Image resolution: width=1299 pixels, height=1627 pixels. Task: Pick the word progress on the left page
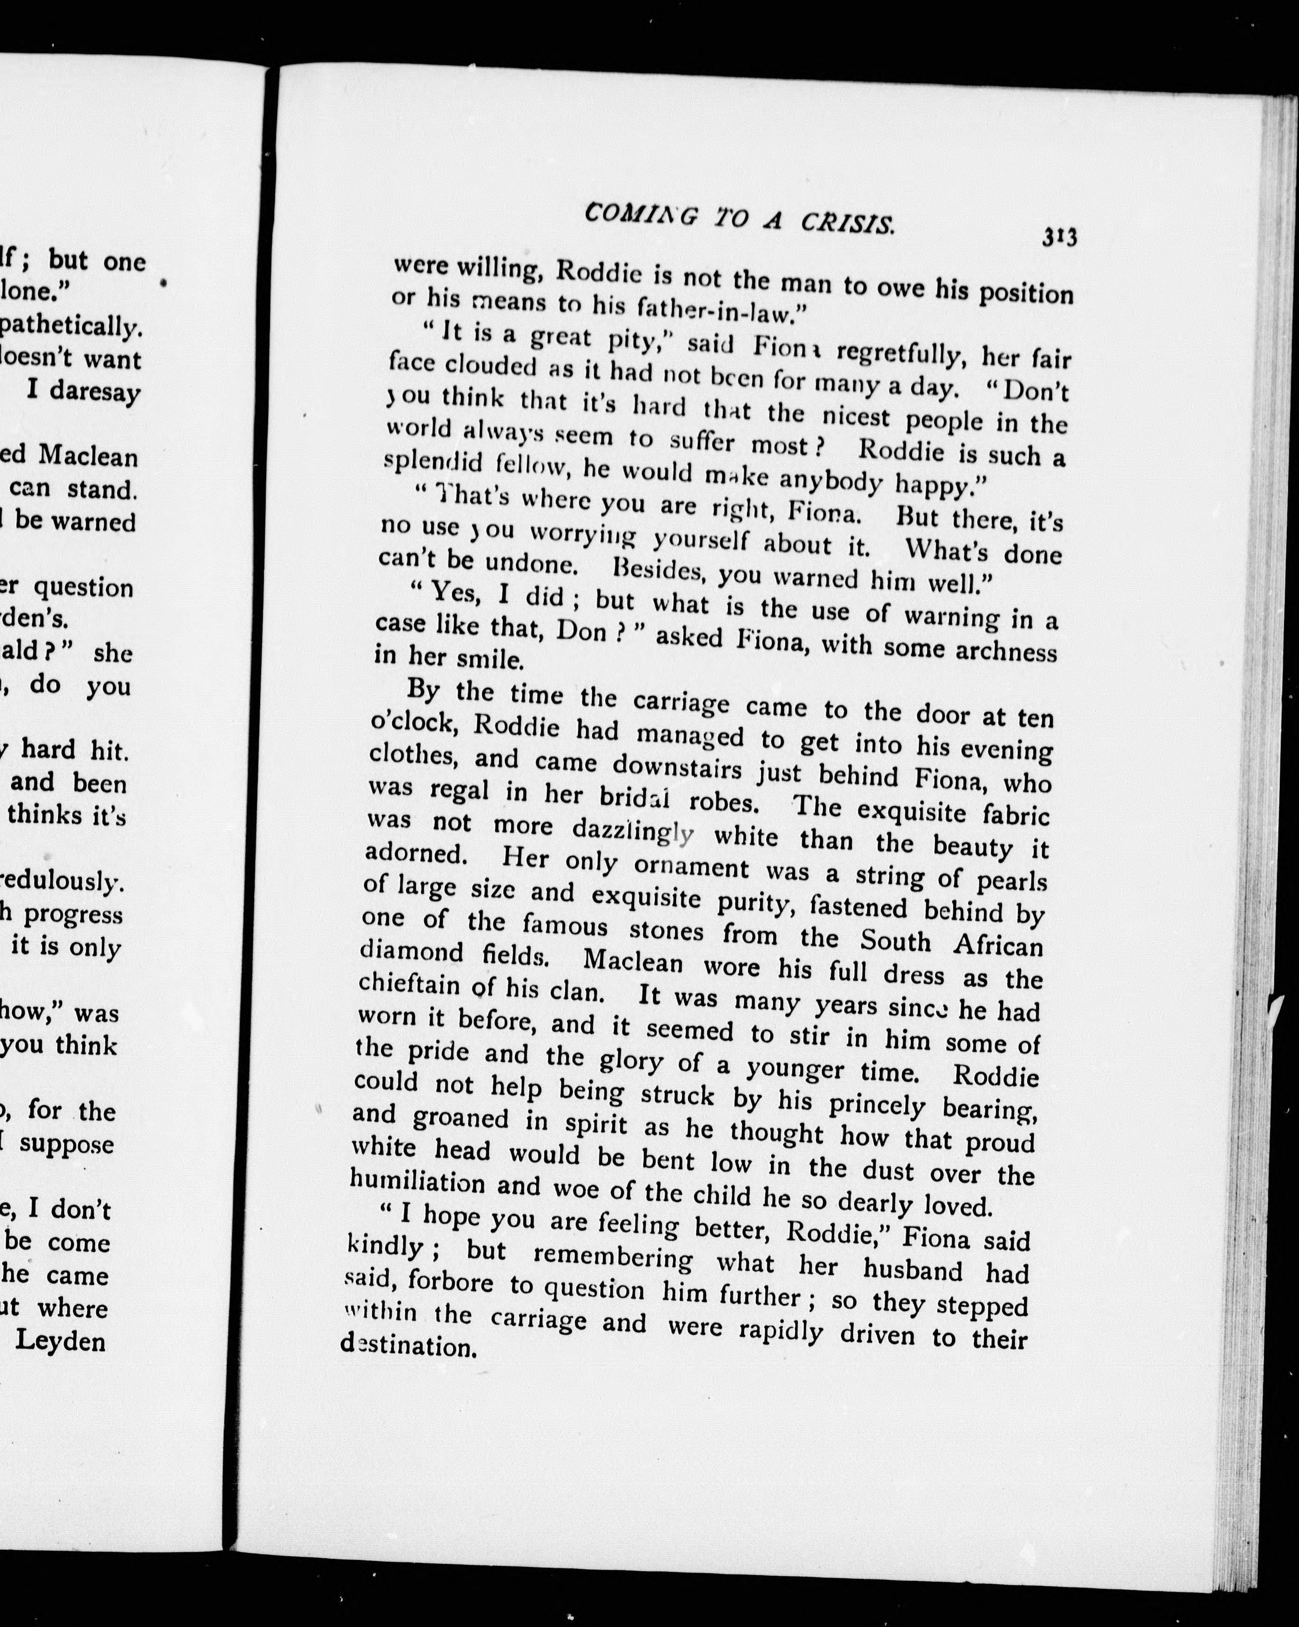coord(73,914)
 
